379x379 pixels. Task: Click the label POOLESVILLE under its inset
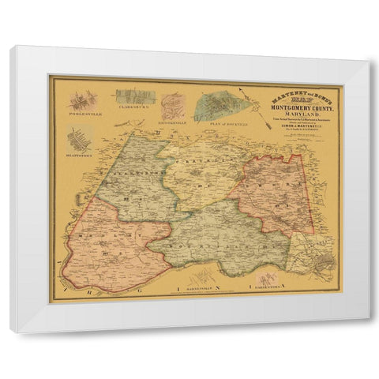click(x=84, y=114)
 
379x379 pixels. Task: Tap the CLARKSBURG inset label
click(x=134, y=114)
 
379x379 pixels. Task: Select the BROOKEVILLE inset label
click(x=174, y=125)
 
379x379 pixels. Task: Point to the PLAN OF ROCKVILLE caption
click(x=216, y=125)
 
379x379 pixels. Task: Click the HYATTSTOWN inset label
click(x=80, y=156)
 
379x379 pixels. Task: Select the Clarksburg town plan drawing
click(x=135, y=98)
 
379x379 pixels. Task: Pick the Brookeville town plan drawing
click(x=174, y=107)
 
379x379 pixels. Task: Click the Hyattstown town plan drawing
click(x=80, y=141)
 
